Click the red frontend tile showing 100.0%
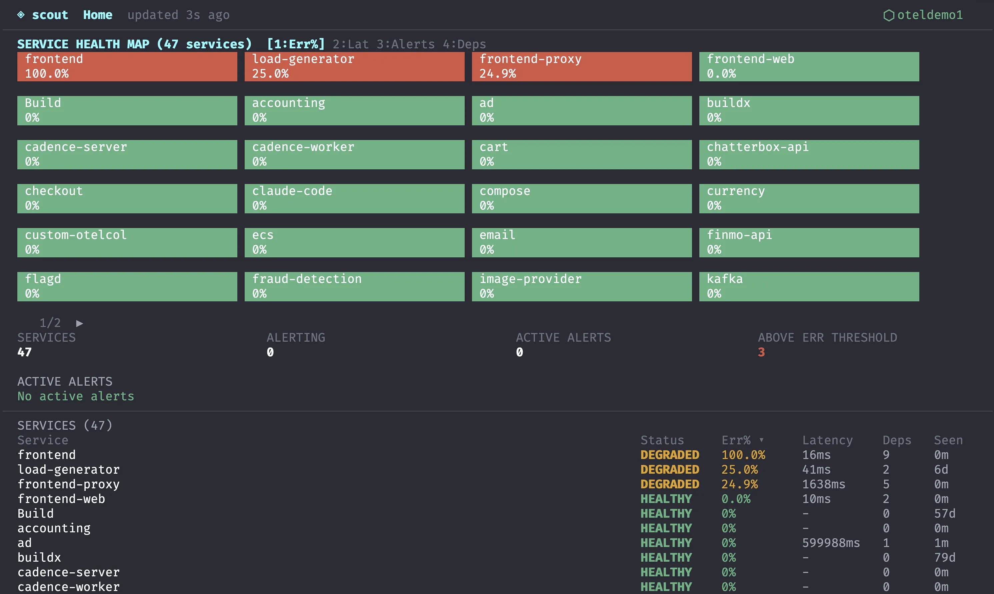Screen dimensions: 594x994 [x=127, y=66]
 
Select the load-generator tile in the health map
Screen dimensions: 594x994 [x=354, y=66]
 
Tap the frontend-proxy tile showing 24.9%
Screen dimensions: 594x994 [x=581, y=66]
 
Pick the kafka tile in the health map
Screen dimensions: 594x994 [x=809, y=287]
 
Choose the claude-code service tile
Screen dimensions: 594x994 [x=354, y=199]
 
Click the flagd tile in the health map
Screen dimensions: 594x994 [x=127, y=287]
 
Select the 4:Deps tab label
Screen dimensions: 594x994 [x=464, y=44]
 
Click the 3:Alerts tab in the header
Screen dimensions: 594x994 [x=405, y=44]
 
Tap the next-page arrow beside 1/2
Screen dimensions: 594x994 [x=80, y=323]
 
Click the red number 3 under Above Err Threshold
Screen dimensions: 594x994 [x=761, y=352]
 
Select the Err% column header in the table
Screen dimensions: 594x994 [x=736, y=440]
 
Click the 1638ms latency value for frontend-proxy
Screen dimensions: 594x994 [x=824, y=484]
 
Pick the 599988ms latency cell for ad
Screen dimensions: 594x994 [x=831, y=543]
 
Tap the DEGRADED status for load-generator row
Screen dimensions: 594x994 [x=669, y=470]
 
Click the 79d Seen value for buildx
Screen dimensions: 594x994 [x=944, y=558]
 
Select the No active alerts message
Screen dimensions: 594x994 [x=76, y=396]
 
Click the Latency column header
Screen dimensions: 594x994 [x=827, y=440]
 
